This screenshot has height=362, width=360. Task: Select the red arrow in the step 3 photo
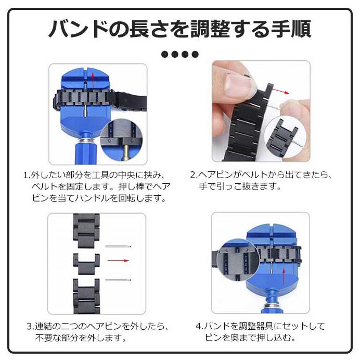click(118, 260)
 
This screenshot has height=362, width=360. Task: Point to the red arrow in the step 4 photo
click(284, 276)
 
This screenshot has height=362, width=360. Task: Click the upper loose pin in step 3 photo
click(118, 246)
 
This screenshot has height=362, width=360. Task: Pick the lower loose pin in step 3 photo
click(118, 280)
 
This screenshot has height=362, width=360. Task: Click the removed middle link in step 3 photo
click(86, 264)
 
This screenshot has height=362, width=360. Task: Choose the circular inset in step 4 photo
click(238, 260)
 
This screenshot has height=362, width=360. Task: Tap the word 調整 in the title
click(210, 29)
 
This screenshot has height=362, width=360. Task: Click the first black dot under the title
click(165, 54)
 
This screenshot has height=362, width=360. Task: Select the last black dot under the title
click(195, 54)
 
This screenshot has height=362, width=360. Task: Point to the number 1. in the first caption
click(27, 175)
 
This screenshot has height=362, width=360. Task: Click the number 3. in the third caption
click(31, 327)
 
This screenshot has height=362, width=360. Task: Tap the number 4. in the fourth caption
click(199, 326)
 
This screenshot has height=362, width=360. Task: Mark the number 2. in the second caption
click(194, 175)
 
